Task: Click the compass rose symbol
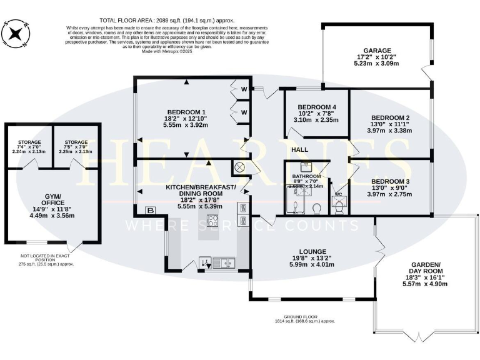(x=17, y=35)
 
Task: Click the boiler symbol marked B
(x=149, y=210)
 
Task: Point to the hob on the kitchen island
(x=212, y=221)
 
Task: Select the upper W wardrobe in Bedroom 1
(x=244, y=89)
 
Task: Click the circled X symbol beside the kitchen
(x=238, y=167)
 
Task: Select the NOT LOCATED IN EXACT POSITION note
(x=47, y=257)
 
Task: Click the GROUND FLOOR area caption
(x=306, y=319)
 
